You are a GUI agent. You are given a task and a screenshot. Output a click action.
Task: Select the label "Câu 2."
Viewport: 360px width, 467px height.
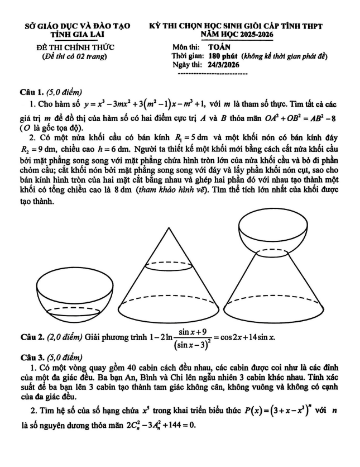[32, 336]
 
